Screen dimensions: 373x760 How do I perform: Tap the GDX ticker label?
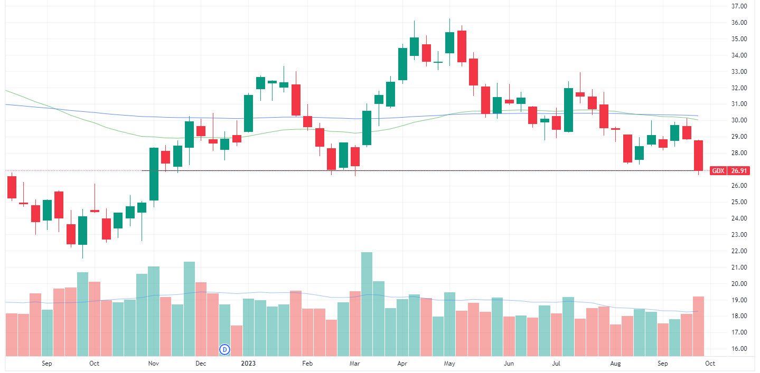(x=718, y=170)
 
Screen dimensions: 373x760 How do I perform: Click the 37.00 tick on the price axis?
(x=738, y=6)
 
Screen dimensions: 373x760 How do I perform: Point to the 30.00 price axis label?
(x=738, y=120)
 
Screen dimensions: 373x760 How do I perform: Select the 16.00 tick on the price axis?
(x=738, y=349)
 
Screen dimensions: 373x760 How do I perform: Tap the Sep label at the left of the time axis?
(x=46, y=364)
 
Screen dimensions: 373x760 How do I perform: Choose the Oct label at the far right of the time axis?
(x=710, y=364)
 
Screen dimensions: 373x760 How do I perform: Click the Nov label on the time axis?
(x=154, y=364)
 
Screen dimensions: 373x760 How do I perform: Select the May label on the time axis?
(x=449, y=364)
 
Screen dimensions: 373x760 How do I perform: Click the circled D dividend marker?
(x=225, y=349)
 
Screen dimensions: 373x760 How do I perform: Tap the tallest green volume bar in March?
(x=367, y=304)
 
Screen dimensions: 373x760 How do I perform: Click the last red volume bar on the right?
(x=698, y=326)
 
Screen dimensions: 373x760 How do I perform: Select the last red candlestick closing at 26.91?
(x=698, y=155)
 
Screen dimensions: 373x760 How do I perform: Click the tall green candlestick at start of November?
(x=154, y=174)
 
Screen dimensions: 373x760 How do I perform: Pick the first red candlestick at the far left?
(x=12, y=187)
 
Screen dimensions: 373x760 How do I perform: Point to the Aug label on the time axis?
(x=615, y=364)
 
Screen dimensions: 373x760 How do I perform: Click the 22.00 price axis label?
(x=738, y=251)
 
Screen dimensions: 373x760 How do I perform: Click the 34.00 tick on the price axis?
(x=738, y=55)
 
